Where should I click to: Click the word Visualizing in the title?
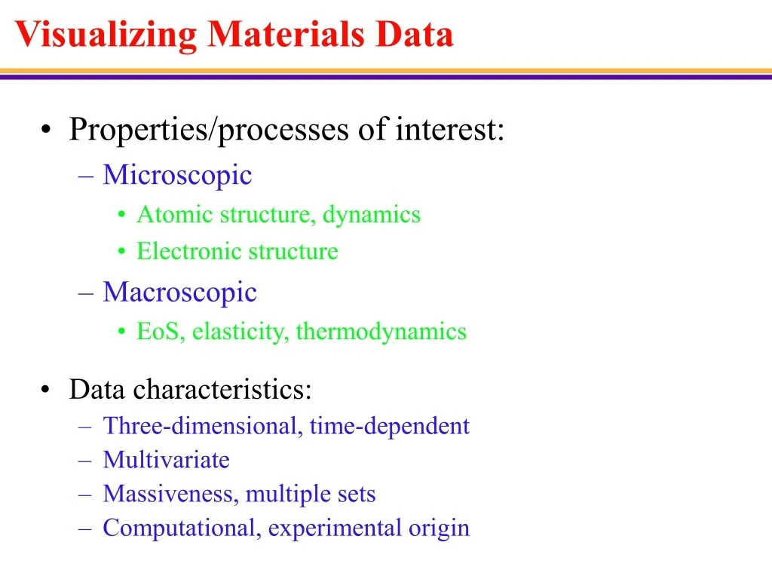106,35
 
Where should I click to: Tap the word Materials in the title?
286,34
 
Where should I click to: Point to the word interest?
450,129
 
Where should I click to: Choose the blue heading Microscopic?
177,175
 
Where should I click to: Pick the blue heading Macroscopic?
179,293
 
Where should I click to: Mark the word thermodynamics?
381,332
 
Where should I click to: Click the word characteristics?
222,390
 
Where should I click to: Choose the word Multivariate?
167,460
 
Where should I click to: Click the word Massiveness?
170,494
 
